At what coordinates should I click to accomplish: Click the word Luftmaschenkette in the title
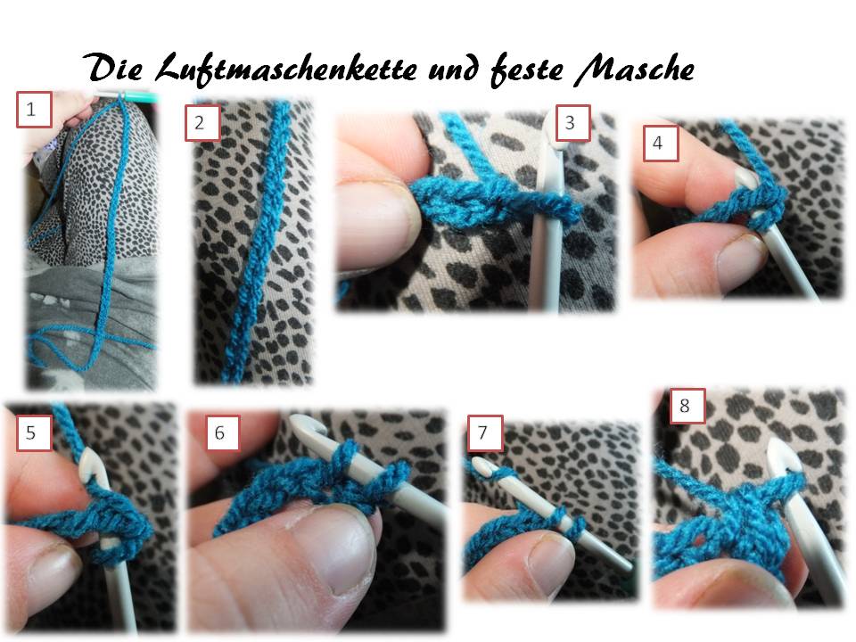[x=286, y=70]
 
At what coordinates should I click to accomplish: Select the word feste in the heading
[x=526, y=70]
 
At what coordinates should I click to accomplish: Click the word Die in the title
[x=114, y=67]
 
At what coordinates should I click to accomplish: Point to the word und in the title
[x=453, y=70]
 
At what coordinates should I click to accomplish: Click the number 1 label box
[x=34, y=110]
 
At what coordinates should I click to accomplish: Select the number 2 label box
[x=202, y=122]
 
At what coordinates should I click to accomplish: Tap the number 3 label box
[x=572, y=123]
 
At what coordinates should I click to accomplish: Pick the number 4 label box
[x=661, y=143]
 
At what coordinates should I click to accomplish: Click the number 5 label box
[x=34, y=433]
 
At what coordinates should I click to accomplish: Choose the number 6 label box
[x=222, y=433]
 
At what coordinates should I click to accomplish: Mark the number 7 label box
[x=485, y=433]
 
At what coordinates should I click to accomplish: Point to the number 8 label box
[x=687, y=407]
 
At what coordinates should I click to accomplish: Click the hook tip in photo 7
[x=481, y=465]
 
